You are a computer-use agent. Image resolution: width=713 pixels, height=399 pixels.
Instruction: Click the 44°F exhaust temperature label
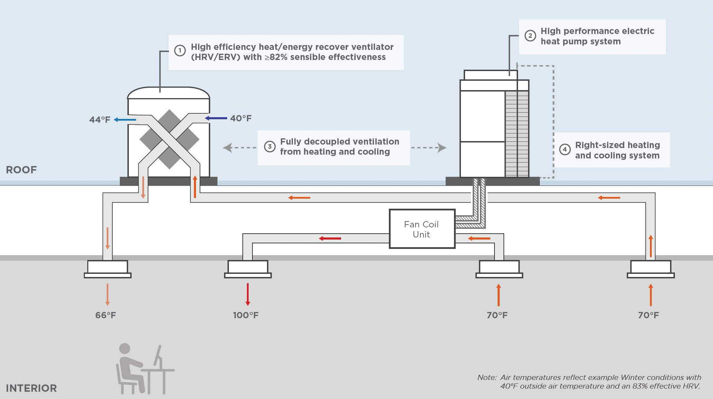coord(100,120)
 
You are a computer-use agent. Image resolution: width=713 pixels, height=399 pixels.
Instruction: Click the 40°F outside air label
coord(241,118)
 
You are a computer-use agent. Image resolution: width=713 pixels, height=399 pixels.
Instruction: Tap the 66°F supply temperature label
coord(106,315)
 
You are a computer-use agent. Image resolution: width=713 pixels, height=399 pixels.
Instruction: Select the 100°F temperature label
coord(246,315)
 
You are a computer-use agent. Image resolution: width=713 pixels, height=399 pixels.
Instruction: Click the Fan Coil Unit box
coord(422,229)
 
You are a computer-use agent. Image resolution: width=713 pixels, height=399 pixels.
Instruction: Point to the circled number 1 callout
coord(180,51)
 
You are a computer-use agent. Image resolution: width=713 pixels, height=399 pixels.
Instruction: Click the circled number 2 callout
coord(530,36)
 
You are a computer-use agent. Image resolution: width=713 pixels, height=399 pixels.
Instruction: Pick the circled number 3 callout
coord(270,147)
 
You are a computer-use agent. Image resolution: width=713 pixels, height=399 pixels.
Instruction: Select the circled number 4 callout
coord(565,149)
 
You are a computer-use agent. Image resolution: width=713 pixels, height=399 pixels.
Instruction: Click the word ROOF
coord(21,170)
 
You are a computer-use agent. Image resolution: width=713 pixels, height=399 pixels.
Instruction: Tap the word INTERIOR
coord(31,388)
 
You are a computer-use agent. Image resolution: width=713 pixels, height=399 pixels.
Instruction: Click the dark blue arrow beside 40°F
coord(216,118)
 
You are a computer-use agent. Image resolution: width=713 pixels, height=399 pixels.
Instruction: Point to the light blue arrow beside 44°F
coord(125,120)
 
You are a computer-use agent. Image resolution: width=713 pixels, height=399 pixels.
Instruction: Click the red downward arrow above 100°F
coord(248,294)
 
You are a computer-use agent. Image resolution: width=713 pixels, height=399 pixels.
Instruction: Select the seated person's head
coord(125,348)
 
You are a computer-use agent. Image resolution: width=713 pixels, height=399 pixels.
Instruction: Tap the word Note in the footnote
coord(487,378)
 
